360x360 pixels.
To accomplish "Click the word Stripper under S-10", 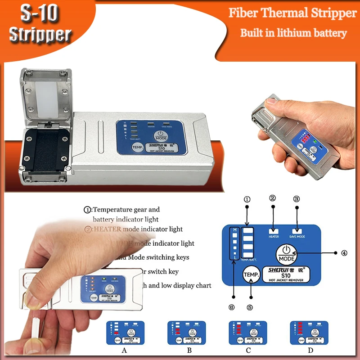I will (40, 35).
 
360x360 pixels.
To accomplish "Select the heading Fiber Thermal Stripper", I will (292, 13).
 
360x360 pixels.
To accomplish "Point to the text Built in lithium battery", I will (293, 33).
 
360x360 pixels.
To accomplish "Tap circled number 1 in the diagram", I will (246, 199).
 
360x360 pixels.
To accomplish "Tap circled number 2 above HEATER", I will (272, 198).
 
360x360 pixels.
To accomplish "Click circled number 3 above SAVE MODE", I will (296, 199).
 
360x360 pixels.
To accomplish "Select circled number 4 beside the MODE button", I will (344, 253).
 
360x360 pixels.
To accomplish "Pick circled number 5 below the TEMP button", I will (250, 307).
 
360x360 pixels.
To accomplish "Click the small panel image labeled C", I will (248, 333).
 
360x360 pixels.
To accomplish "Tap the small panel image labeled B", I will (187, 333).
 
